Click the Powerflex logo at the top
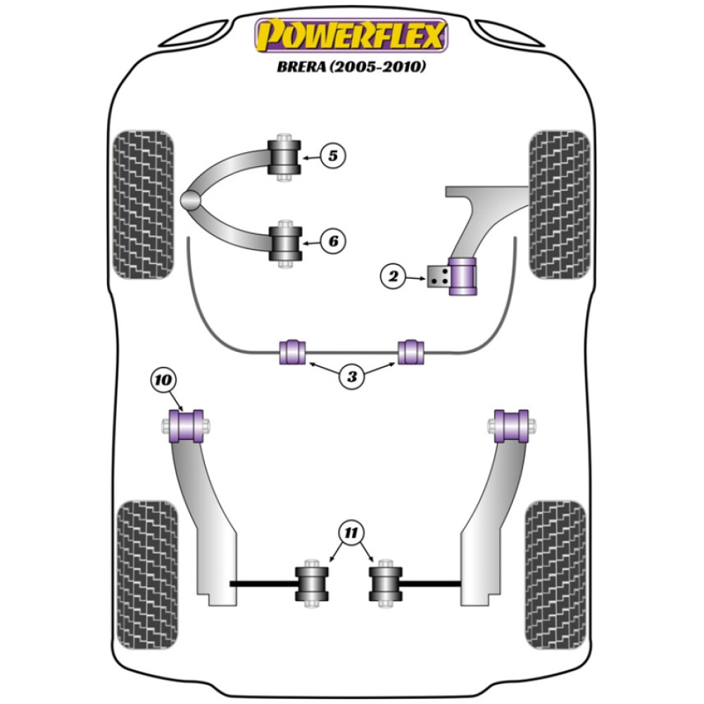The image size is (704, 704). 351,36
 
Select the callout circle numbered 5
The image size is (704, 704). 333,156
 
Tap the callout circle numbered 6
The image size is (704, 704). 333,241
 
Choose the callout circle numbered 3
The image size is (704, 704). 351,377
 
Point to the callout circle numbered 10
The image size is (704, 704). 163,381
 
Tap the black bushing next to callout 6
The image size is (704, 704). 285,244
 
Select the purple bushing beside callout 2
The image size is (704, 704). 463,278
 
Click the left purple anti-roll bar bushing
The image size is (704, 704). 292,352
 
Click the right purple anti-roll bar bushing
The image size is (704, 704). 411,352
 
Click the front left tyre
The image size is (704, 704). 143,204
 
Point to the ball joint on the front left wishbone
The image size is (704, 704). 190,200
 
